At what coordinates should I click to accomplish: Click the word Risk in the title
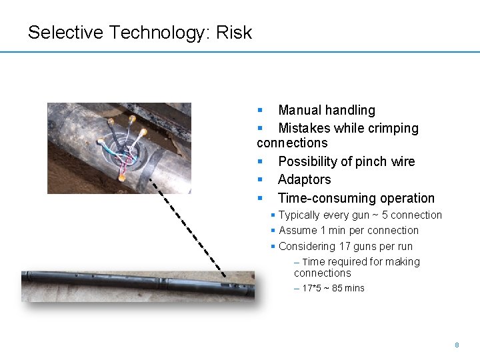(x=234, y=32)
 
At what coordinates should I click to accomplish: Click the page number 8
(x=457, y=345)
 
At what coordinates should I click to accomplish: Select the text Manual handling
(x=327, y=110)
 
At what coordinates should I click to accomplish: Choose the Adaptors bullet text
(x=304, y=179)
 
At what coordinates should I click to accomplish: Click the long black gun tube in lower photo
(x=133, y=282)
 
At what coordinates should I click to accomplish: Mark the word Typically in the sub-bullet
(x=299, y=215)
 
